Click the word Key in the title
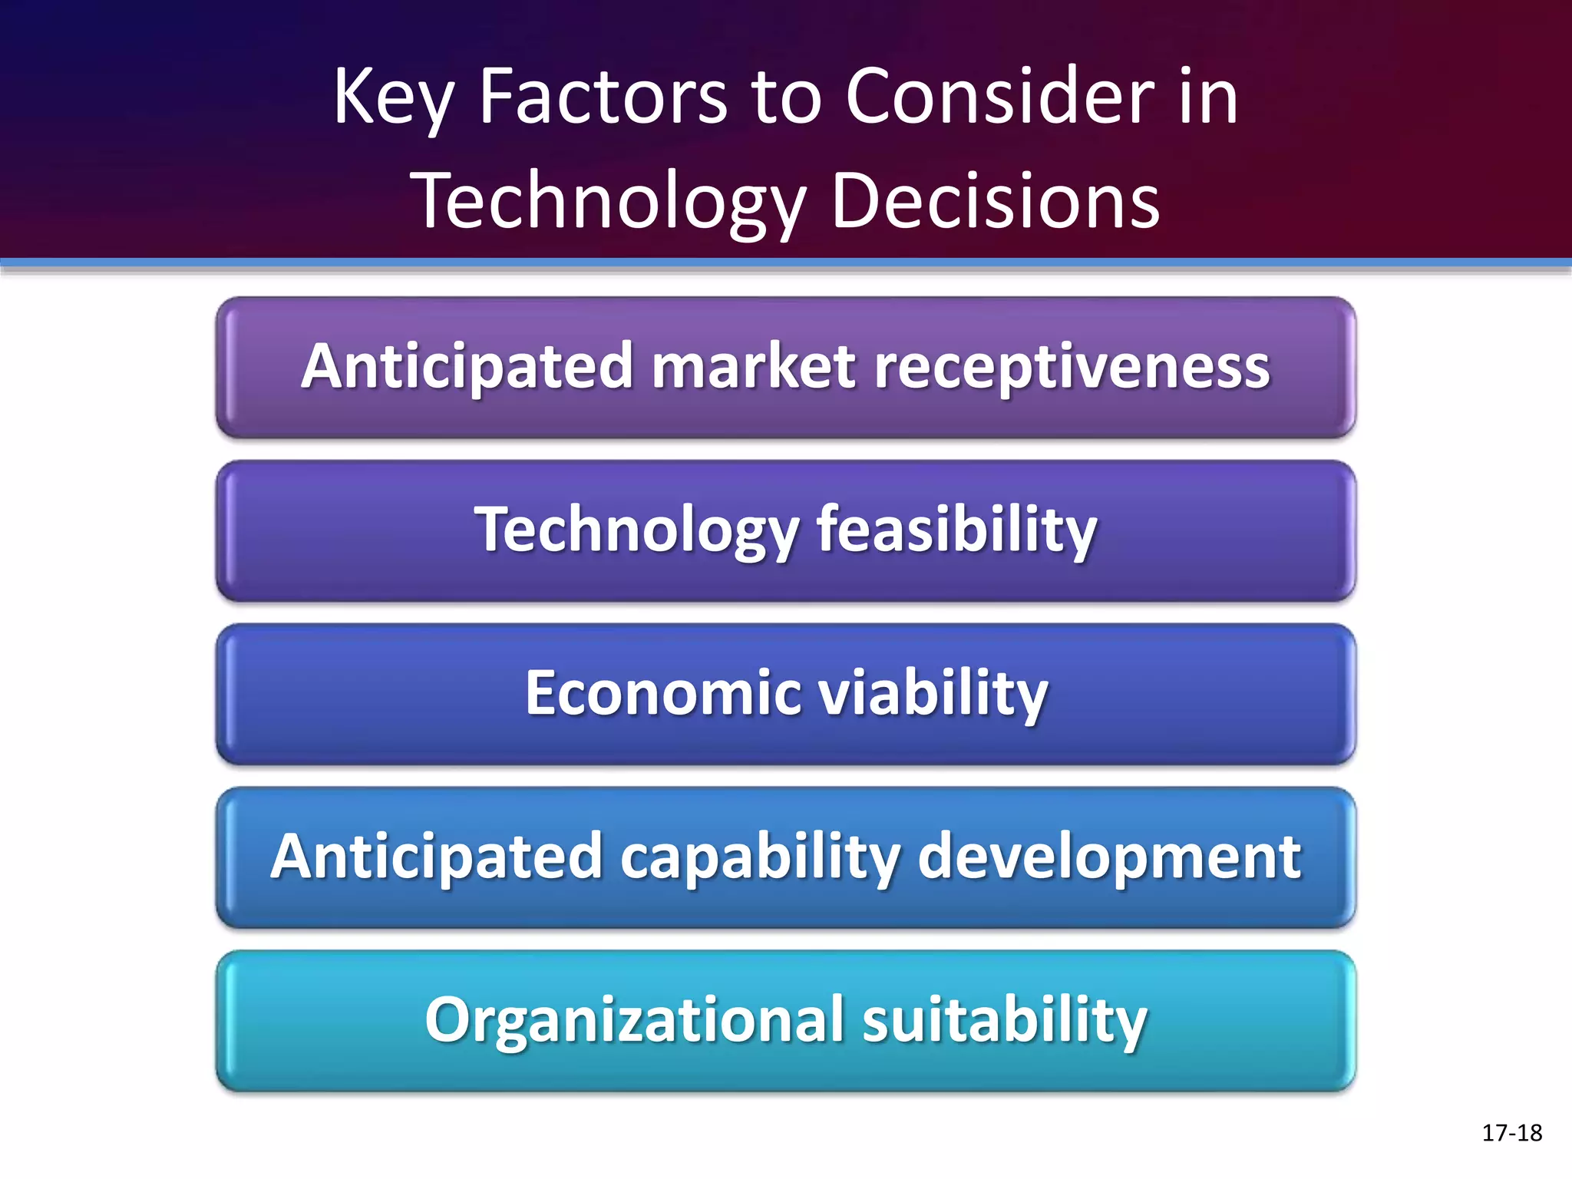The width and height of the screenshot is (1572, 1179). pyautogui.click(x=394, y=97)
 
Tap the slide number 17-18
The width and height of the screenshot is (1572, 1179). pyautogui.click(x=1511, y=1133)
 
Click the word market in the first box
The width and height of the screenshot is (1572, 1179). pyautogui.click(x=754, y=366)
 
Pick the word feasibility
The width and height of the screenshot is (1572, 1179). pyautogui.click(x=956, y=530)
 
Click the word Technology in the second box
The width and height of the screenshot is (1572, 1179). pyautogui.click(x=637, y=530)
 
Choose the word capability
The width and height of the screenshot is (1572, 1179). pyautogui.click(x=760, y=857)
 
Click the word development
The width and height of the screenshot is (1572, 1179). pyautogui.click(x=1109, y=857)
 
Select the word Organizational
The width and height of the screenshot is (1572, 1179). pyautogui.click(x=635, y=1020)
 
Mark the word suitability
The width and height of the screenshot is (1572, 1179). pyautogui.click(x=1005, y=1020)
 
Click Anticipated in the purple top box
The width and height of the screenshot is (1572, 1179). pyautogui.click(x=467, y=366)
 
